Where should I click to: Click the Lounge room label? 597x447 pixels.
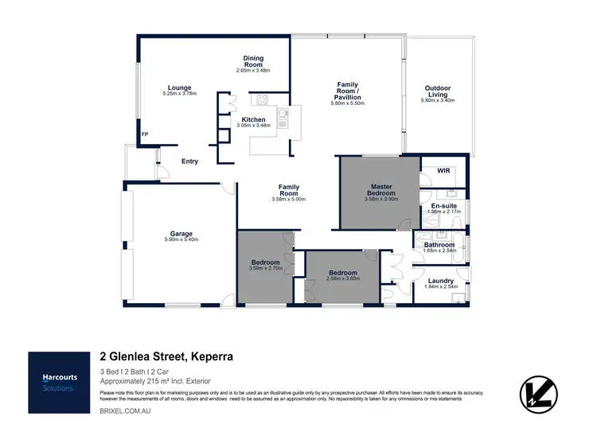coord(179,87)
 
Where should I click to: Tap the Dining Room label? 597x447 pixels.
coord(253,61)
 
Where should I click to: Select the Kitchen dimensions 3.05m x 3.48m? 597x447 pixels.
coord(254,126)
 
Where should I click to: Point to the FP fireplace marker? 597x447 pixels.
coord(144,134)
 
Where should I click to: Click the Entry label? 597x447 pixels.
coord(189,161)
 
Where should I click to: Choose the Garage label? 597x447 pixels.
coord(180,234)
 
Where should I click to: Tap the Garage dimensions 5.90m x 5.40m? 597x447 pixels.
coord(180,239)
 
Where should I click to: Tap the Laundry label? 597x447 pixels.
coord(440,280)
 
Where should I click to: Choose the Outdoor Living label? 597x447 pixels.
coord(439,91)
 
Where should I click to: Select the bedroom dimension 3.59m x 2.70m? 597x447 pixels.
coord(265,269)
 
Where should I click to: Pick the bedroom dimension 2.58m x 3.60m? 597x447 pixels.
coord(345,279)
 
